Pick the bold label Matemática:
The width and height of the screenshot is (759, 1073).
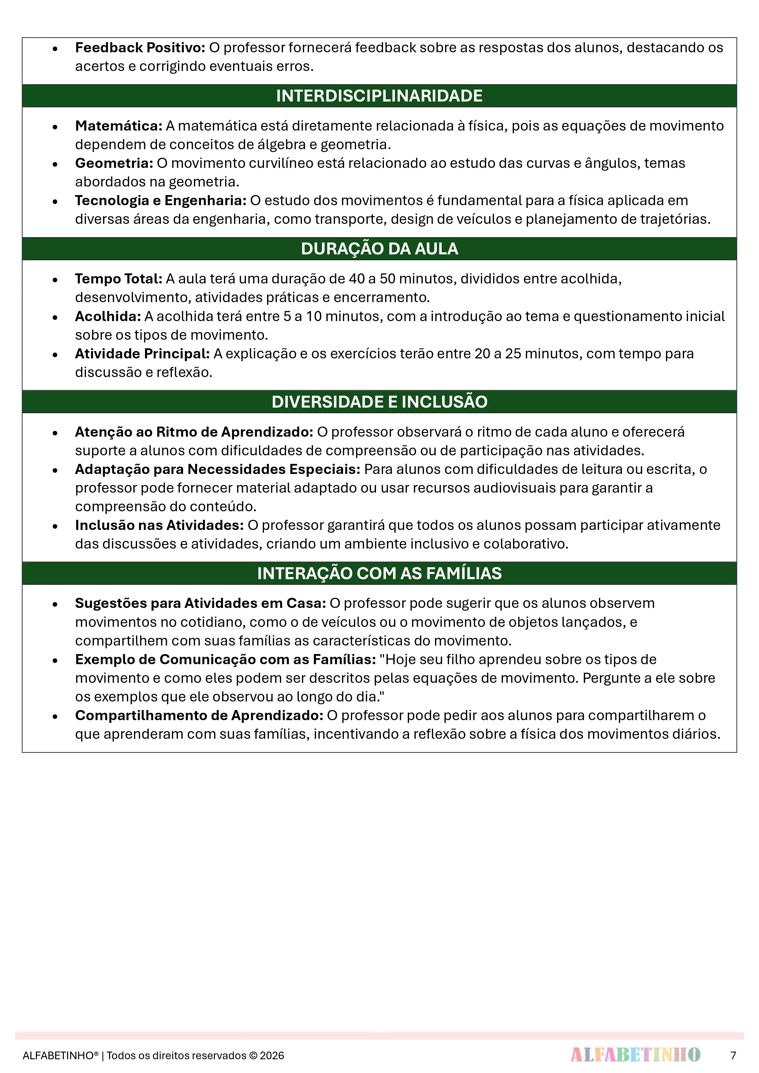pos(119,126)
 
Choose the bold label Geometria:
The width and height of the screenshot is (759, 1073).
pos(114,163)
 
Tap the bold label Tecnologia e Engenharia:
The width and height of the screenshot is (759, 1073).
pos(160,201)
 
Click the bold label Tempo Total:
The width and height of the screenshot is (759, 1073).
pos(119,279)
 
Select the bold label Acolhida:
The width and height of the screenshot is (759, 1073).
pos(108,316)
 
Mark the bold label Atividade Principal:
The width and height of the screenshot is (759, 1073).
pos(142,354)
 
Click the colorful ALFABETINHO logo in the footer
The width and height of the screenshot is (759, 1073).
pos(635,1055)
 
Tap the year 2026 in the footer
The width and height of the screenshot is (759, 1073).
pos(272,1056)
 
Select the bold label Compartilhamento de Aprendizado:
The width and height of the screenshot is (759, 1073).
pos(199,716)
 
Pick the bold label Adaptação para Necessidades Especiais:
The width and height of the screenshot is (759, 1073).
pos(218,469)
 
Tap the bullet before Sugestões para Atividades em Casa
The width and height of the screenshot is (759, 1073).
pos(55,604)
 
